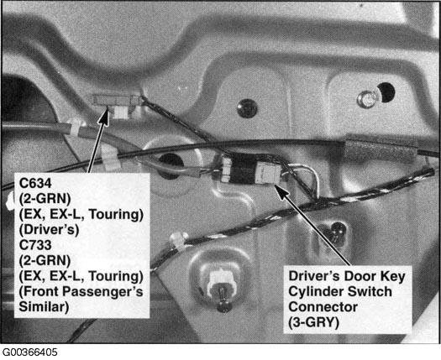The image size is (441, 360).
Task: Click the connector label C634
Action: point(35,183)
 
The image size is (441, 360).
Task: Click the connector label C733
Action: point(35,245)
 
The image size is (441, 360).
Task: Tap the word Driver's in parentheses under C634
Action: point(49,230)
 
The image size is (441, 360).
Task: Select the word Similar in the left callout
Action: point(44,306)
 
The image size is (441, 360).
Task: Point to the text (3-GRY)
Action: point(313,322)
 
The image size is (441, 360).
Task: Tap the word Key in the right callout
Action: point(393,277)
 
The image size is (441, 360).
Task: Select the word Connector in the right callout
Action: point(323,307)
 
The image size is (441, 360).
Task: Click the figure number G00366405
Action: point(29,352)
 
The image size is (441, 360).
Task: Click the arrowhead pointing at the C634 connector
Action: point(104,115)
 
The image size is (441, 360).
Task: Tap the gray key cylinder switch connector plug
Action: point(269,174)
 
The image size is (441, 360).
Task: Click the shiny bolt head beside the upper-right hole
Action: point(367,99)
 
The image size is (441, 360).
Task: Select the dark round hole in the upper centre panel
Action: point(247,108)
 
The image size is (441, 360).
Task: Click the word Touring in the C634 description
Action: point(116,215)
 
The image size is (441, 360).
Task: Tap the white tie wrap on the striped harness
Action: point(179,240)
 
